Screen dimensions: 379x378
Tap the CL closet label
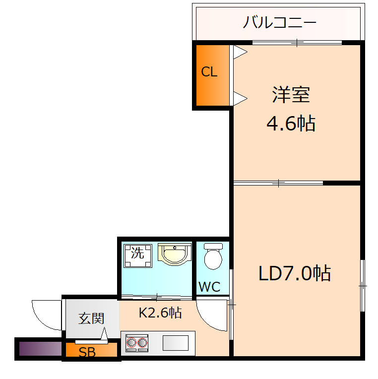pyautogui.click(x=209, y=72)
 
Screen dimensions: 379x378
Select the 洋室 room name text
pyautogui.click(x=291, y=94)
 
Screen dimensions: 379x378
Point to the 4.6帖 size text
pyautogui.click(x=291, y=123)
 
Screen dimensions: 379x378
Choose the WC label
pyautogui.click(x=209, y=287)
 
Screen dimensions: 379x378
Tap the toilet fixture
pyautogui.click(x=213, y=256)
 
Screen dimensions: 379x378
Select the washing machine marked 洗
pyautogui.click(x=137, y=254)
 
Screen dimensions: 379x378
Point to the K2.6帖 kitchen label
pyautogui.click(x=160, y=313)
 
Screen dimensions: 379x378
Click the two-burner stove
pyautogui.click(x=137, y=342)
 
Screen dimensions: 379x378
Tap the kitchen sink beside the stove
pyautogui.click(x=176, y=343)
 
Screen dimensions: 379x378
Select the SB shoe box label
pyautogui.click(x=87, y=353)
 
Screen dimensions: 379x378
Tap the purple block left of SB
pyautogui.click(x=40, y=350)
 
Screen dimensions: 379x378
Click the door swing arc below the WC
pyautogui.click(x=212, y=315)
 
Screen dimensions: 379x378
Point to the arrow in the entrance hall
pyautogui.click(x=105, y=335)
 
